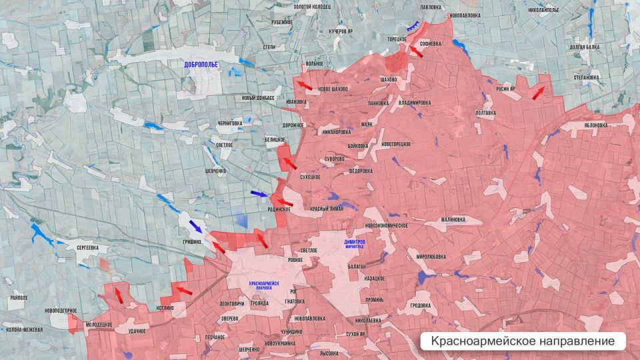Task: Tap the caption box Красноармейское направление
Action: [x=523, y=341]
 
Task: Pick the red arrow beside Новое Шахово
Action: [x=304, y=85]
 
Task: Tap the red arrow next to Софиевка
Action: [x=415, y=51]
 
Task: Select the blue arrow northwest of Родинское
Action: [x=259, y=194]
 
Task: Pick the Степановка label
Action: [x=587, y=78]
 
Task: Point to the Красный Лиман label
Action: [x=328, y=209]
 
